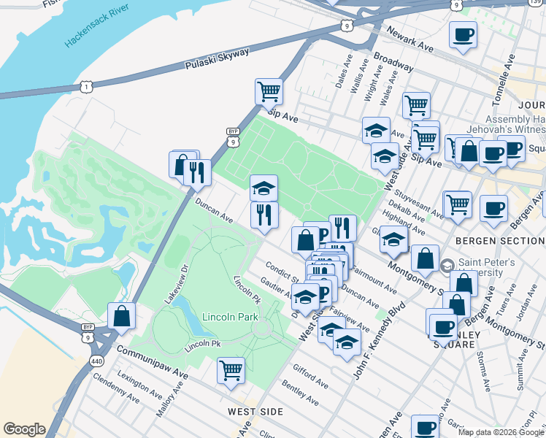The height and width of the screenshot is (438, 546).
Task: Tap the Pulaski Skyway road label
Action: [218, 58]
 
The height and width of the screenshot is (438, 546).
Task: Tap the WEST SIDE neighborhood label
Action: [255, 412]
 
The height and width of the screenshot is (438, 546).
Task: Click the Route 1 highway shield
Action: [87, 87]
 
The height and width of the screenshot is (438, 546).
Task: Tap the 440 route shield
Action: [96, 361]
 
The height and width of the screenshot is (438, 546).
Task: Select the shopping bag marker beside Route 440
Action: [121, 315]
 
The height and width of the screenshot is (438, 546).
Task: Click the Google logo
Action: [24, 429]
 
